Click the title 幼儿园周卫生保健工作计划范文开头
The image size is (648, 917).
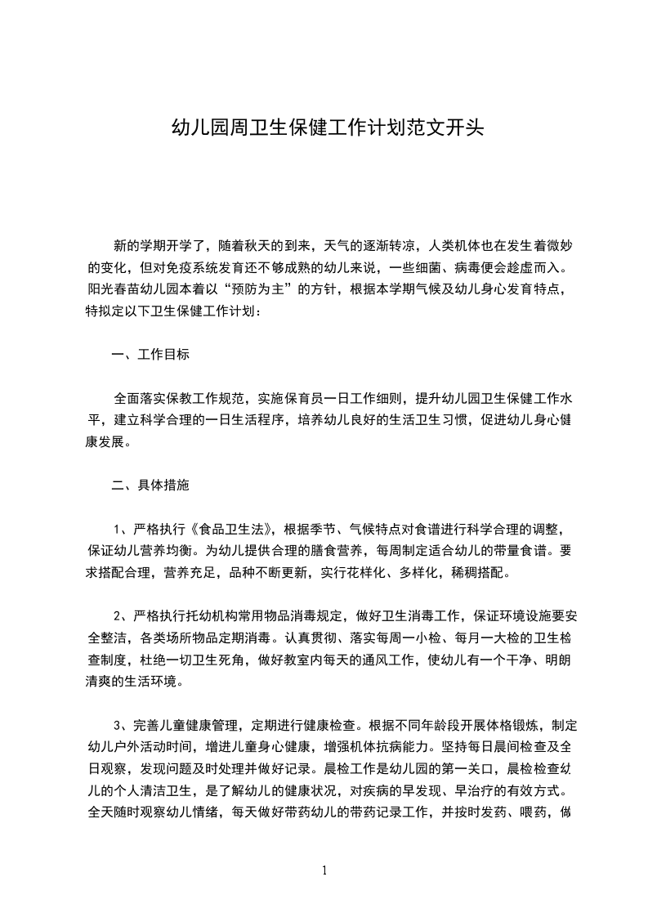326,127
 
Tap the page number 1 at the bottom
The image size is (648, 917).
324,870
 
